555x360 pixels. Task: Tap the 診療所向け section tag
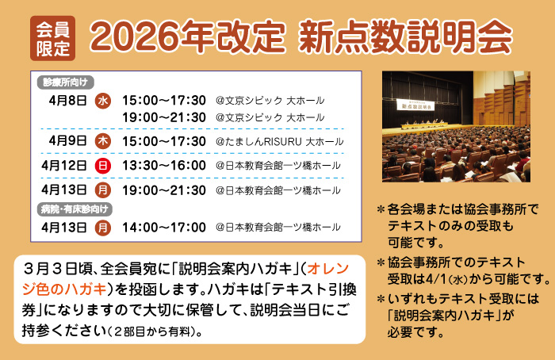66,82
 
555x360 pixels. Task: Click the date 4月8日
67,101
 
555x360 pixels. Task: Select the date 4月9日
67,141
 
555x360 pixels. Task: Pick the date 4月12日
64,166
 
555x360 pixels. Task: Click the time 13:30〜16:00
164,166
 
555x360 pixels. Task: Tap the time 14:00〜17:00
164,228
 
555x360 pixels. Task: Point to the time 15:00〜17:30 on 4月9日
164,141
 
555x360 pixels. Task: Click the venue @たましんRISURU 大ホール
279,142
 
